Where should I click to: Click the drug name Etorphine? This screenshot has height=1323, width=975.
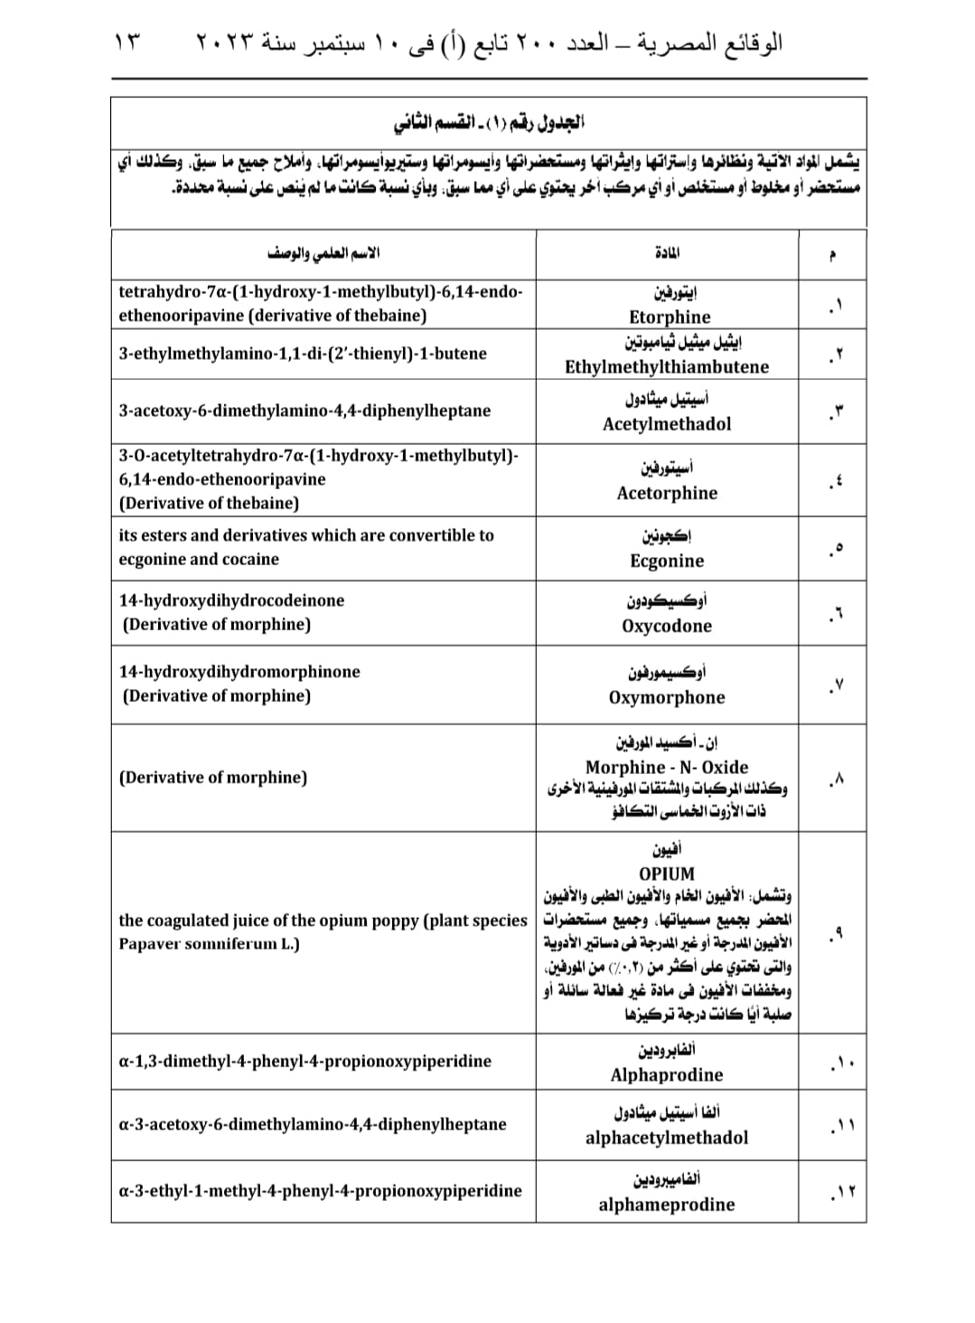point(670,317)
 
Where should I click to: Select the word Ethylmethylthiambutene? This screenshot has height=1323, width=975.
point(667,366)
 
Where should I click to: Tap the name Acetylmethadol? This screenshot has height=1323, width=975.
point(667,423)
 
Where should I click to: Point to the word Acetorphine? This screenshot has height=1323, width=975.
point(667,493)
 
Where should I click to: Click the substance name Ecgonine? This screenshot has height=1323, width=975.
point(667,561)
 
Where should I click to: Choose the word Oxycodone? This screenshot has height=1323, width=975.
point(667,626)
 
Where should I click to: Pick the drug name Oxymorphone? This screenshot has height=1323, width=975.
point(667,697)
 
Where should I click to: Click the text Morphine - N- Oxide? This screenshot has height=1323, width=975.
point(667,767)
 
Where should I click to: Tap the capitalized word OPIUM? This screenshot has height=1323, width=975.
point(667,874)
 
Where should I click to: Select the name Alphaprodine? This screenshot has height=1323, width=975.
point(667,1074)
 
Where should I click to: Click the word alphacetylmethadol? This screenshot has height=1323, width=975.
point(667,1138)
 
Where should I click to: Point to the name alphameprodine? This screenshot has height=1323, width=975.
point(667,1205)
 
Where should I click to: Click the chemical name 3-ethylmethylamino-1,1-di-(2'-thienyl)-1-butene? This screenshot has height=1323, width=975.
point(303,354)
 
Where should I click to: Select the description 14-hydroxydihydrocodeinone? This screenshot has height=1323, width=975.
point(231,600)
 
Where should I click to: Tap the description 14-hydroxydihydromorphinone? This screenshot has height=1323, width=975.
point(239,672)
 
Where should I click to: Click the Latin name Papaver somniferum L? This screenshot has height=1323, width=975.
point(210,944)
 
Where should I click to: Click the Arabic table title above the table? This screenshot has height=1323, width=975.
point(489,121)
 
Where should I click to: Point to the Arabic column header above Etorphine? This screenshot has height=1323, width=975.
point(667,253)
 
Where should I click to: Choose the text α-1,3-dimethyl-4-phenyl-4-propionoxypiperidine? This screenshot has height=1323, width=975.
point(305,1061)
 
